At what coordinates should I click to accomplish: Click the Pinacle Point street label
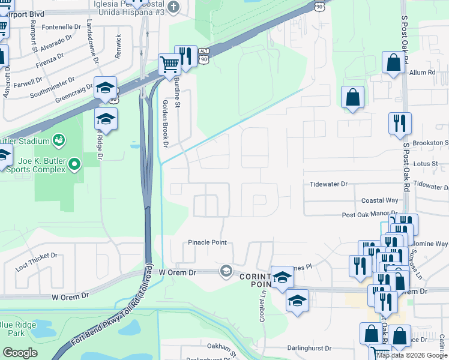tap(207, 242)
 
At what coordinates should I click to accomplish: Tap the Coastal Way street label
tap(379, 200)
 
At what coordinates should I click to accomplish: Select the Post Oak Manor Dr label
tap(370, 214)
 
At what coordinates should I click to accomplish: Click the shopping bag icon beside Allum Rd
tap(394, 62)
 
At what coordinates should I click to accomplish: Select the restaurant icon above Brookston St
tap(400, 124)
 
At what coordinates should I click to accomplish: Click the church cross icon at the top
tap(173, 7)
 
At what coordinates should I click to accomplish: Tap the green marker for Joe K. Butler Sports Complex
tap(74, 163)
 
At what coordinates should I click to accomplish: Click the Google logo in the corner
tap(20, 352)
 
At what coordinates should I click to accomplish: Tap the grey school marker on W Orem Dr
tap(226, 271)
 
